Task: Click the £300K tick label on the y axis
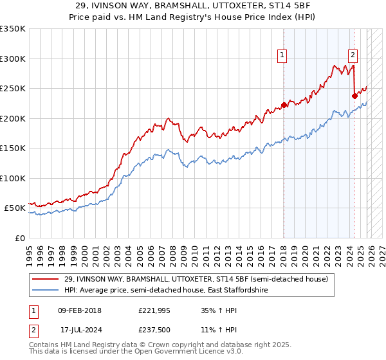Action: [x=13, y=59]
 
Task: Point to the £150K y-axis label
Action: [x=13, y=148]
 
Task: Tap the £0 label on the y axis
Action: [x=19, y=238]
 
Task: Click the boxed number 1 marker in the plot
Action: [x=282, y=56]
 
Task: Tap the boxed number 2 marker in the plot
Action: [x=353, y=56]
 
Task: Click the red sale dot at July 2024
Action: [x=354, y=96]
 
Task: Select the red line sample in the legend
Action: [x=46, y=280]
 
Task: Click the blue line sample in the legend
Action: [x=46, y=291]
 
